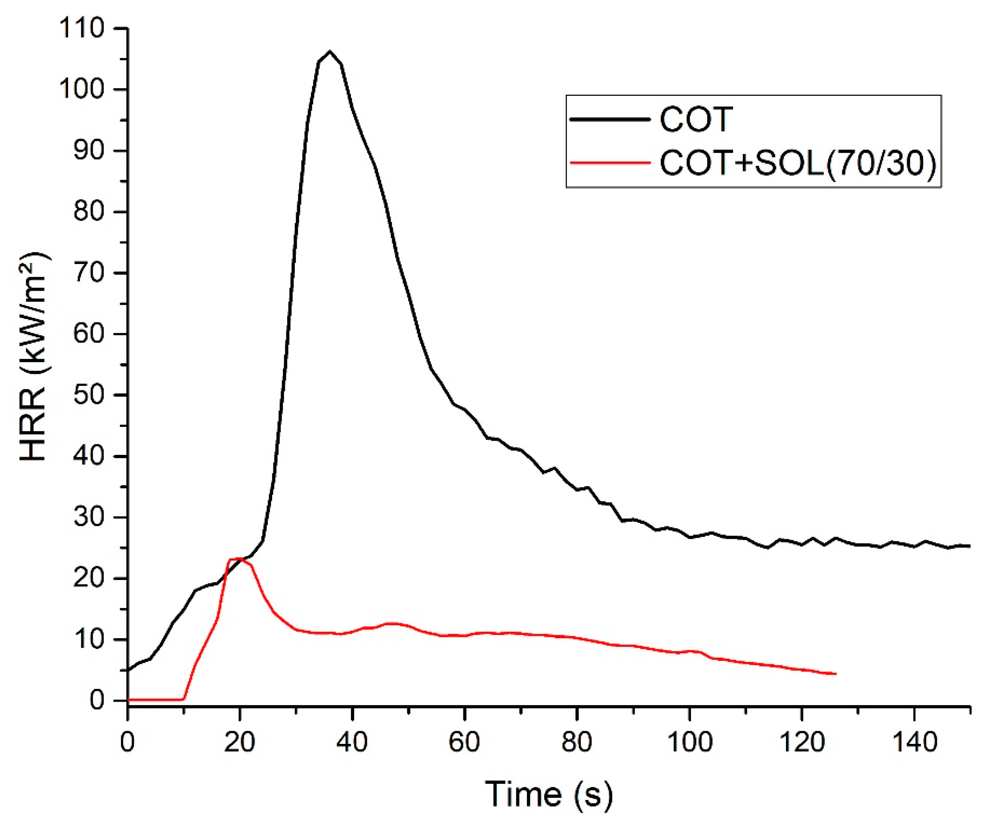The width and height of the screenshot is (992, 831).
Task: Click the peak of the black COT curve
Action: click(330, 51)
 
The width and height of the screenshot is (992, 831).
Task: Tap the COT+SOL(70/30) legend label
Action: click(798, 164)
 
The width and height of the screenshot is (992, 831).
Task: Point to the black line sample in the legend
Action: click(610, 120)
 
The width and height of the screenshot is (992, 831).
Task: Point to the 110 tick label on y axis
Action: click(81, 29)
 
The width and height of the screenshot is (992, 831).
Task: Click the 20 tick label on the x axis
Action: click(240, 742)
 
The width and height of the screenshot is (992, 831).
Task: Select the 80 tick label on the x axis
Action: click(576, 742)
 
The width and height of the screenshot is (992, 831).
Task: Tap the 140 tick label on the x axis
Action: click(914, 742)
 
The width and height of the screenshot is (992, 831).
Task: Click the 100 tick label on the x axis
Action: click(689, 742)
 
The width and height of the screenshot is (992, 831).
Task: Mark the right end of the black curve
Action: click(970, 546)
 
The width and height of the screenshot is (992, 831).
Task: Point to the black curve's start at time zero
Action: click(128, 669)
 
